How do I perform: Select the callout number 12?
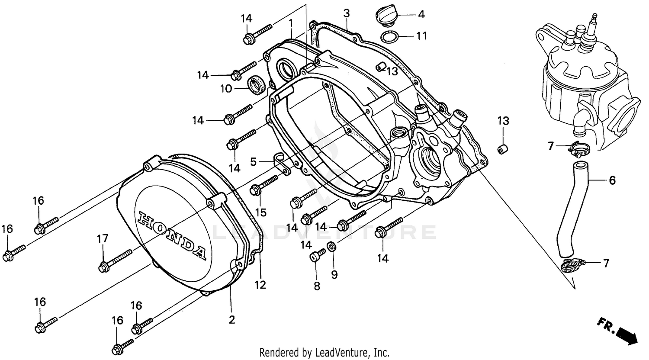260,285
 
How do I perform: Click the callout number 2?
231,320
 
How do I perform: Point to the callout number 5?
254,162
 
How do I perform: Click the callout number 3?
346,13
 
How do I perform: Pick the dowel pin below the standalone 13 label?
503,150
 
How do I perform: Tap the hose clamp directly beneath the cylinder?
578,149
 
